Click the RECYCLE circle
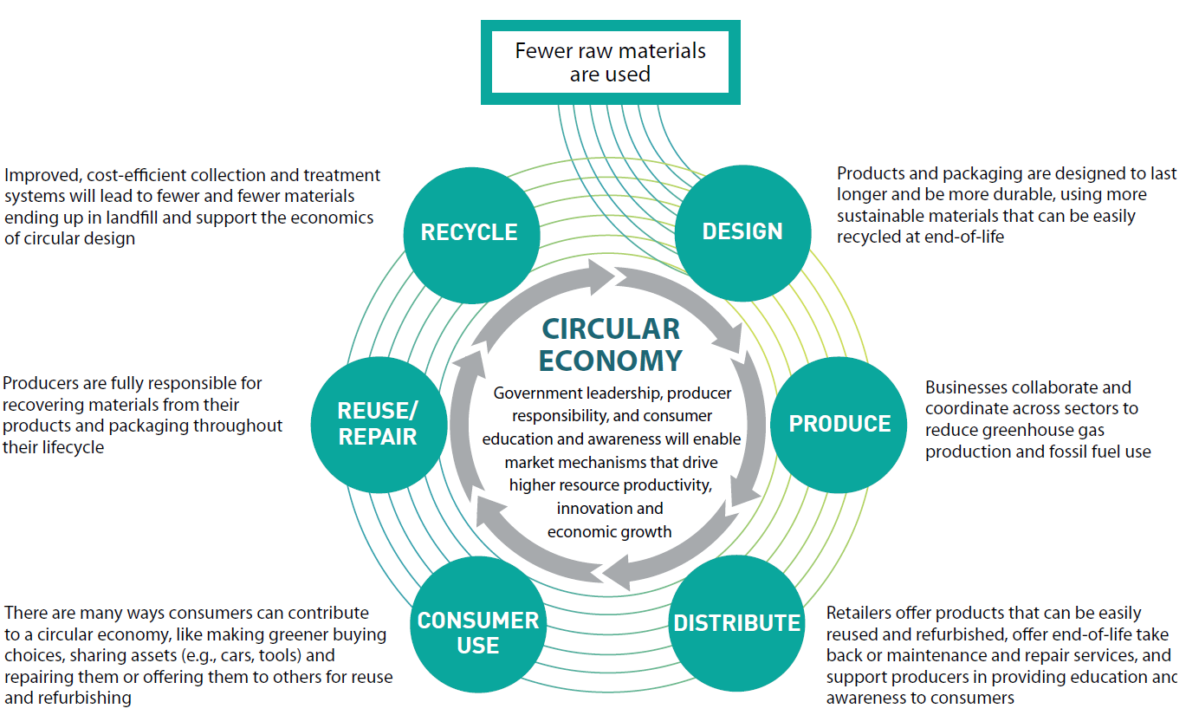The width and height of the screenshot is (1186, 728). (x=469, y=232)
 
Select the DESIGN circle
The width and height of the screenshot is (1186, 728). (x=742, y=231)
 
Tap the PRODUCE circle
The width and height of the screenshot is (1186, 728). (x=839, y=424)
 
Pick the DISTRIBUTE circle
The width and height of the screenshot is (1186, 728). (x=736, y=623)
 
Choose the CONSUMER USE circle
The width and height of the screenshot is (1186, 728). (x=477, y=633)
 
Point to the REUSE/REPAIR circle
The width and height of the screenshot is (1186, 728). (x=378, y=425)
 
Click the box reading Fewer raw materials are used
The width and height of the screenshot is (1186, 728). (x=610, y=62)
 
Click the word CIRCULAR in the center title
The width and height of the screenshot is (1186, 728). (x=611, y=329)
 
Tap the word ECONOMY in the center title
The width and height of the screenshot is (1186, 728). (x=611, y=360)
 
